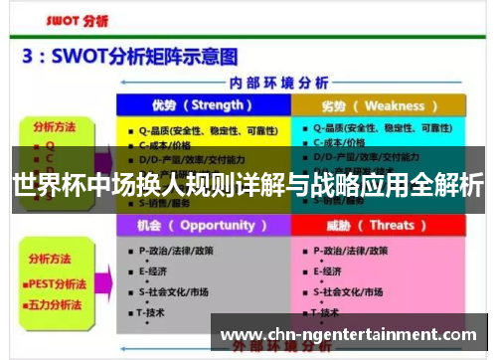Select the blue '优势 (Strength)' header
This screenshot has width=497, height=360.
click(x=203, y=105)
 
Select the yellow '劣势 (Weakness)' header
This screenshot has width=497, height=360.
click(x=379, y=105)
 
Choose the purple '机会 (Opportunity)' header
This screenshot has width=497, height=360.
click(x=203, y=226)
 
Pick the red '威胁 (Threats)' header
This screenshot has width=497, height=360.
click(x=379, y=226)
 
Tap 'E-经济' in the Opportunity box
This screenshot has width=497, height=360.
click(x=153, y=270)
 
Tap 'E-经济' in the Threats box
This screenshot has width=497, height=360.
click(x=328, y=270)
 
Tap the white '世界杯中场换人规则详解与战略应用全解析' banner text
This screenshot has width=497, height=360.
click(x=248, y=185)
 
